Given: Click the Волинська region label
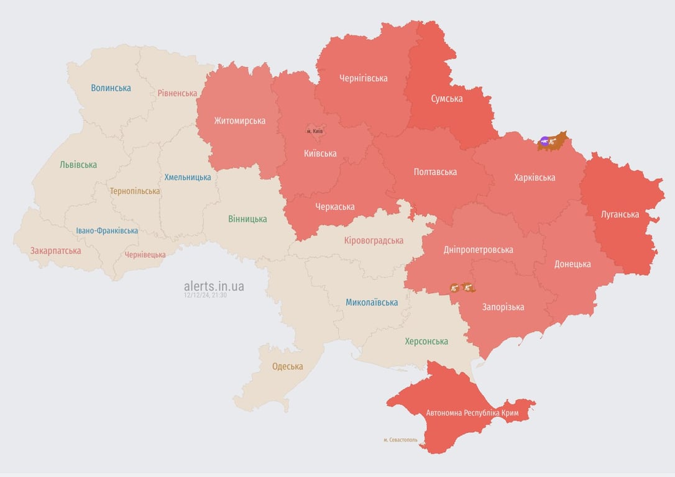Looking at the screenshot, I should [x=111, y=88].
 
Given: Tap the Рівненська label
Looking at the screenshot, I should [x=177, y=93].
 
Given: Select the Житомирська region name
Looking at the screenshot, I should [x=240, y=120].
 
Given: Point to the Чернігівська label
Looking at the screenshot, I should [x=363, y=78].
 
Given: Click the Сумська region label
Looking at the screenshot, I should [x=446, y=98].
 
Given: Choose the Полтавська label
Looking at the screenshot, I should [x=435, y=172].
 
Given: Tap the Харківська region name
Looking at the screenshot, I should [x=535, y=178].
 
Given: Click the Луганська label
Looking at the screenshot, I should [x=620, y=214].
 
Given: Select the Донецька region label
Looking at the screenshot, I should [x=572, y=264].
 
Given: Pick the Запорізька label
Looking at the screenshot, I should [x=503, y=307].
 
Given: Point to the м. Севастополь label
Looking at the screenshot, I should [x=400, y=440].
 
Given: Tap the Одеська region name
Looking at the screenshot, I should [x=288, y=366].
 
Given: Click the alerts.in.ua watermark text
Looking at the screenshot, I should [x=214, y=286].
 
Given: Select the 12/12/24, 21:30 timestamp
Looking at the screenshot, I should [x=205, y=296].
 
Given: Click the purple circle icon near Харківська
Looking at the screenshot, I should [x=544, y=142].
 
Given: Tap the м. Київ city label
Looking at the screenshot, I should [x=315, y=132].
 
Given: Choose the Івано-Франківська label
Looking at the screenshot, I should [x=107, y=230].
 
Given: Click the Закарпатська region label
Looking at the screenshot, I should [x=55, y=251].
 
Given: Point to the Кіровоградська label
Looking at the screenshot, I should [x=374, y=240].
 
